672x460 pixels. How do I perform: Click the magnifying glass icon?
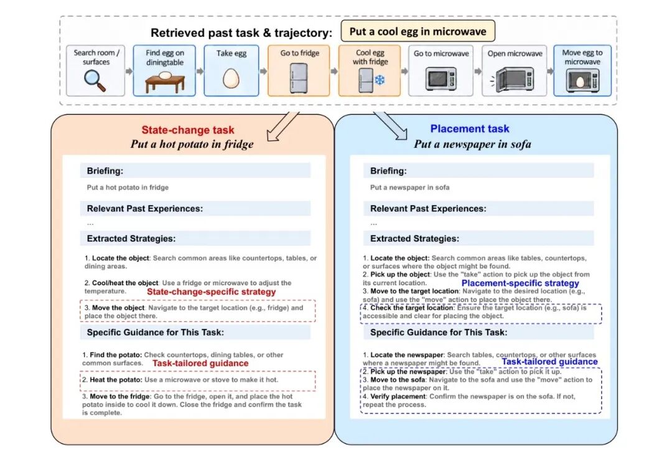[x=95, y=81]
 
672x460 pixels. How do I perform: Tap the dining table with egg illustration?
[x=164, y=82]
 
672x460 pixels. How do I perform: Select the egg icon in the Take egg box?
[x=231, y=79]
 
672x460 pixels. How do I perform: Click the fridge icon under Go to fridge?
[x=299, y=78]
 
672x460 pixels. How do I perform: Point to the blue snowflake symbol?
[x=380, y=80]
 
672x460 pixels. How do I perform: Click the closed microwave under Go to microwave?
[x=441, y=79]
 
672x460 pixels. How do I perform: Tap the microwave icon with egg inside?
[x=582, y=81]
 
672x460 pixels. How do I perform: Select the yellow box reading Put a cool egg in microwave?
[x=418, y=31]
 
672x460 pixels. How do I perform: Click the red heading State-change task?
[x=188, y=130]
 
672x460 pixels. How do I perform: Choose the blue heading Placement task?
[x=470, y=129]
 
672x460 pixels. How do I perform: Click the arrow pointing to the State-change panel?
[x=282, y=127]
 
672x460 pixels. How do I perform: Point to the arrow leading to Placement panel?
[x=390, y=126]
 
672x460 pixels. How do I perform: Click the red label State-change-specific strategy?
[x=212, y=292]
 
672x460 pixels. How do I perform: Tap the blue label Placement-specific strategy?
[x=520, y=283]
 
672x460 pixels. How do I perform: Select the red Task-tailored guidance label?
[x=200, y=363]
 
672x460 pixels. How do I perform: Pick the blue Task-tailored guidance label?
[x=550, y=362]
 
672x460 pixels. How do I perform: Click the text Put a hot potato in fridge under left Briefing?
[x=128, y=187]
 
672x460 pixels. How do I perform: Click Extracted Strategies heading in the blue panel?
[x=414, y=239]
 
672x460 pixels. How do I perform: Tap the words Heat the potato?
[x=116, y=380]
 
